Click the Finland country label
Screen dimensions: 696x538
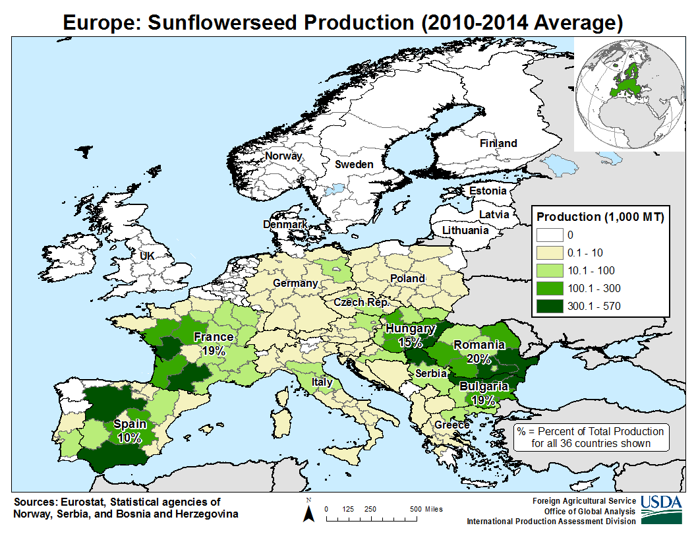pyautogui.click(x=498, y=143)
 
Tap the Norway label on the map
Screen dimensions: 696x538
pyautogui.click(x=283, y=156)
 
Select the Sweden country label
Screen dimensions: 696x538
pyautogui.click(x=354, y=165)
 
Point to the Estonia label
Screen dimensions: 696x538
pyautogui.click(x=488, y=191)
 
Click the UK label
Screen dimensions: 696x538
pyautogui.click(x=147, y=256)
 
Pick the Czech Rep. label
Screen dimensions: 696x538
pyautogui.click(x=361, y=302)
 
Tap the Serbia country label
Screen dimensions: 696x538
pyautogui.click(x=431, y=373)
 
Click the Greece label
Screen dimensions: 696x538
pyautogui.click(x=452, y=425)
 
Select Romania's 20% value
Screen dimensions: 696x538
pyautogui.click(x=478, y=359)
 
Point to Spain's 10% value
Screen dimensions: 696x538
pyautogui.click(x=129, y=438)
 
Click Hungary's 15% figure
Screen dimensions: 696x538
pyautogui.click(x=410, y=342)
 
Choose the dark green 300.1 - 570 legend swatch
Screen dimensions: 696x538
pyautogui.click(x=550, y=307)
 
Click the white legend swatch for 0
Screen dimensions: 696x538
pyautogui.click(x=550, y=235)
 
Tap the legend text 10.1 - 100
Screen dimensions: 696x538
pyautogui.click(x=591, y=271)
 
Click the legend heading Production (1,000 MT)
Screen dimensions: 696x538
pyautogui.click(x=600, y=217)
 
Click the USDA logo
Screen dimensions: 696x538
pyautogui.click(x=661, y=510)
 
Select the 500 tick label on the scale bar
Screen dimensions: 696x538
pyautogui.click(x=415, y=509)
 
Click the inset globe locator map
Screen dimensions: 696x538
pyautogui.click(x=630, y=94)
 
